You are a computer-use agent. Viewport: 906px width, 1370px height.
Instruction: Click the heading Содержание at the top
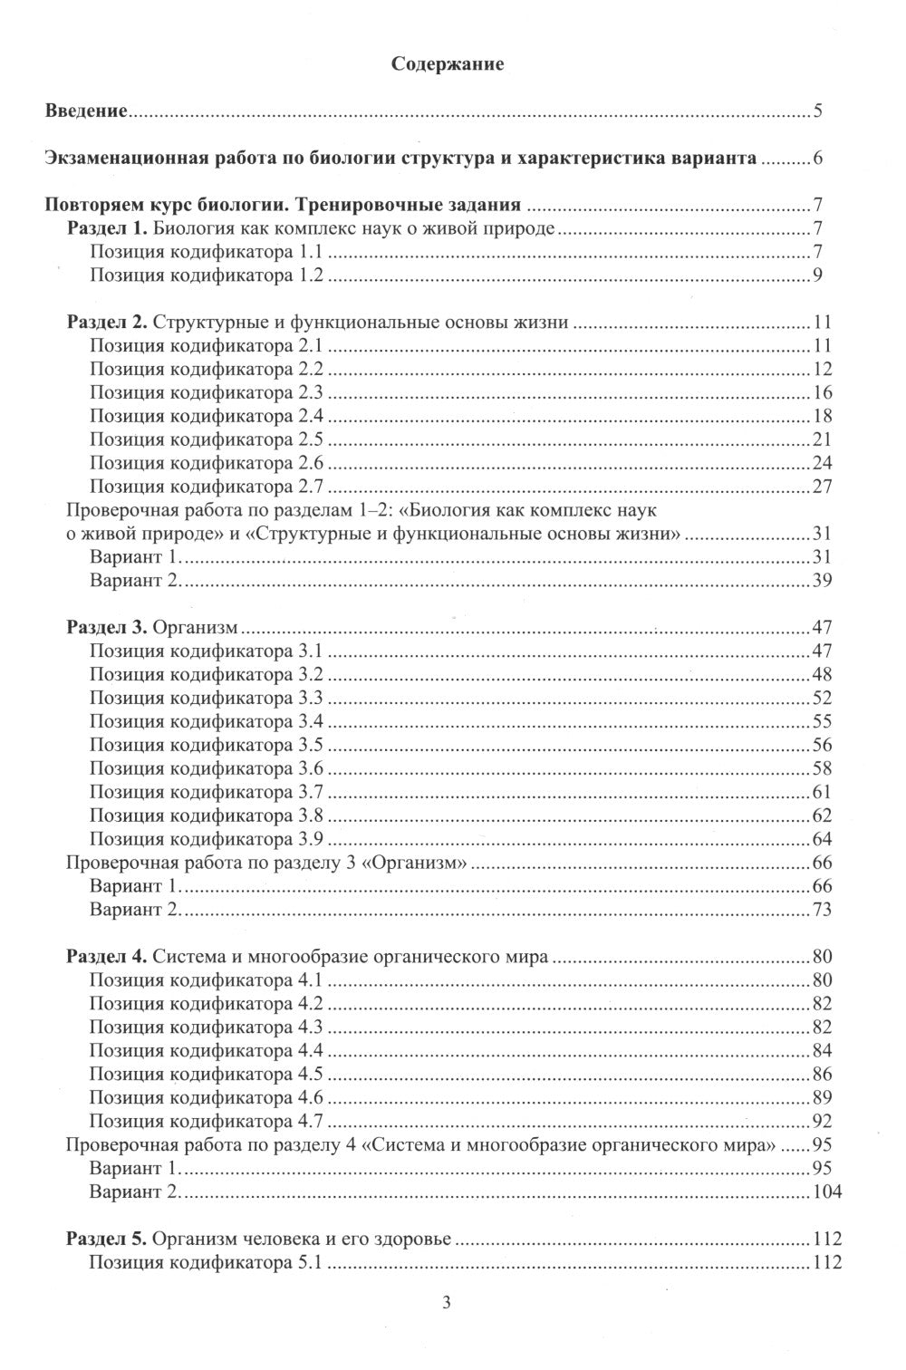(447, 64)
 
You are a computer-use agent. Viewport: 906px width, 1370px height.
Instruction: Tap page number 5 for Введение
(817, 112)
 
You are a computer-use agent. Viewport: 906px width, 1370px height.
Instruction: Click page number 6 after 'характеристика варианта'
(817, 159)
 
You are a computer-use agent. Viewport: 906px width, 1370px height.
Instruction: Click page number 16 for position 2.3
(822, 392)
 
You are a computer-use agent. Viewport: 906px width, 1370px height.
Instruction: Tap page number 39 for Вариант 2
(822, 580)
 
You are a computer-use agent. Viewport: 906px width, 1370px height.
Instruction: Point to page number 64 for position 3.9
(822, 838)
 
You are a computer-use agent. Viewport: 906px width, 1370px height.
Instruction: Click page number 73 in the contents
(822, 909)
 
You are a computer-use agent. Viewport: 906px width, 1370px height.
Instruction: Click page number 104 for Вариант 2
(826, 1192)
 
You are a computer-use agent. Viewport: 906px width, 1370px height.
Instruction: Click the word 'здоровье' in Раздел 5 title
(418, 1240)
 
